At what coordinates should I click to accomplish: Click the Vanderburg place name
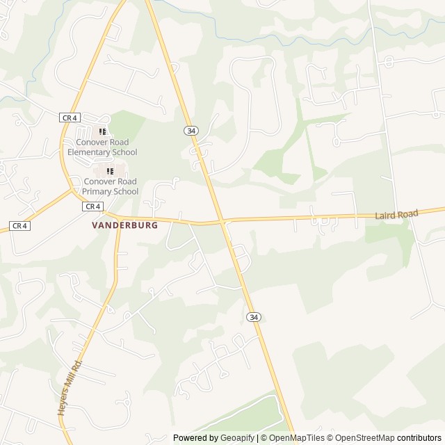[125, 225]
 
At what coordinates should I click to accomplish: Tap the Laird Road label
[396, 216]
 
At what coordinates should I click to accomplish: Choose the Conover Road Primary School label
[110, 186]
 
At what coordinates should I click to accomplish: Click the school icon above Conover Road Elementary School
[102, 131]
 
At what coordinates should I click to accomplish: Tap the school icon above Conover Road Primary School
[110, 171]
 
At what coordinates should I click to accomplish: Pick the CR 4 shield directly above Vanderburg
[92, 207]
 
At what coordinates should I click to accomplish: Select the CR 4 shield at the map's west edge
[19, 226]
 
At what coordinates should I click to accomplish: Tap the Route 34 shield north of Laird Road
[191, 131]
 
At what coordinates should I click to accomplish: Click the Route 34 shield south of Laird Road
[254, 317]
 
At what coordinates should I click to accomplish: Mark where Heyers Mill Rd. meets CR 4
[120, 224]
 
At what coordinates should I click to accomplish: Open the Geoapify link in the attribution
[237, 438]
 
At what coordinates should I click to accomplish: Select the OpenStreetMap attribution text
[363, 438]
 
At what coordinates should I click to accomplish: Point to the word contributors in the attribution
[419, 438]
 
